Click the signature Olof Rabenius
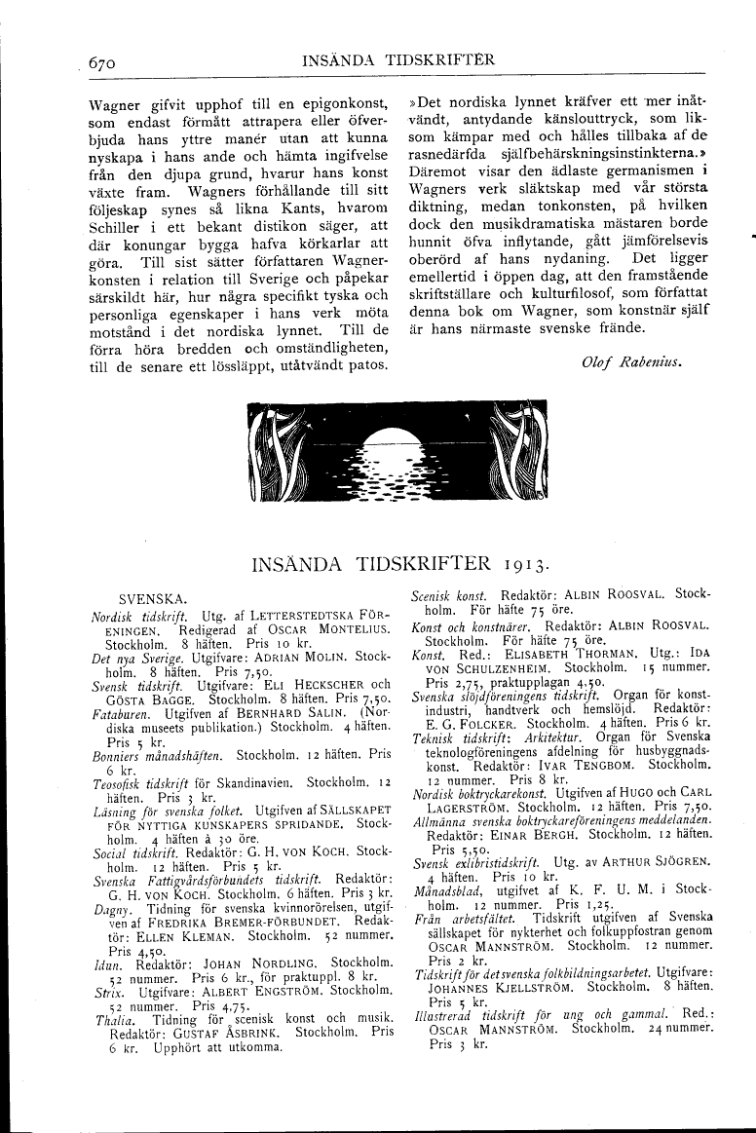[629, 361]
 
